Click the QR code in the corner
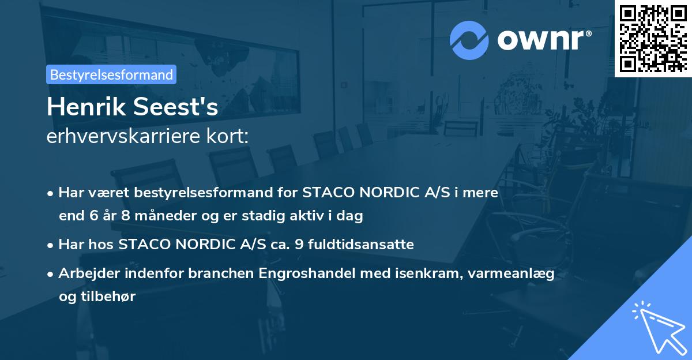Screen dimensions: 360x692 click(x=653, y=38)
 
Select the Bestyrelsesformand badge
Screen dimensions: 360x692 click(x=111, y=74)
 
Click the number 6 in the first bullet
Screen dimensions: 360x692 click(x=96, y=216)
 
